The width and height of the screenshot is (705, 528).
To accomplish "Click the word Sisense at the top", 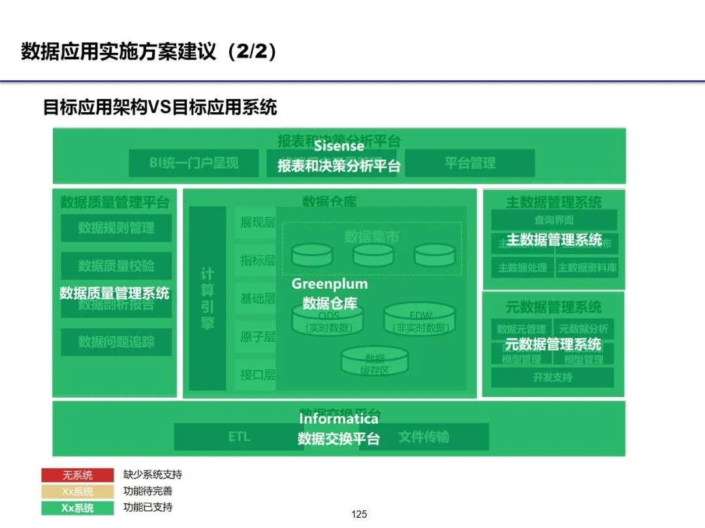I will [x=339, y=146].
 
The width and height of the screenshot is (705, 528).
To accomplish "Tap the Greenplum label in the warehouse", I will [x=330, y=284].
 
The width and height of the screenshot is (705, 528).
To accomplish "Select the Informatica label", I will [x=339, y=419].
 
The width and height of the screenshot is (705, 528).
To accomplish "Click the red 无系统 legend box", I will [x=78, y=475].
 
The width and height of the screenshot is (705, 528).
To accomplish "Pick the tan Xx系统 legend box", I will [x=78, y=491].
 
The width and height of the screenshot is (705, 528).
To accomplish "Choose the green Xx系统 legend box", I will [x=78, y=508].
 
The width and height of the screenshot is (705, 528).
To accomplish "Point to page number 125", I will [x=360, y=514].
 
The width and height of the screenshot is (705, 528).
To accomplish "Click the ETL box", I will [x=239, y=437].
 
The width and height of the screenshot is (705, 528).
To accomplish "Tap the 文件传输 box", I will [x=424, y=437].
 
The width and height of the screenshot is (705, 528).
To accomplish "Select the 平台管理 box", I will [x=470, y=163].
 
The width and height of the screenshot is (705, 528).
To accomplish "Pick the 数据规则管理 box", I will [x=116, y=228].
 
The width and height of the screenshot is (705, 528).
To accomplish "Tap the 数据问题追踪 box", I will [x=116, y=342].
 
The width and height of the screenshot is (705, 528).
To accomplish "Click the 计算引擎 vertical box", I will [x=208, y=299].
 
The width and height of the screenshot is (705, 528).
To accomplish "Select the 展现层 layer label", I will [x=257, y=223].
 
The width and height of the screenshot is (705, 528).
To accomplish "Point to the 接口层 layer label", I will [x=257, y=375].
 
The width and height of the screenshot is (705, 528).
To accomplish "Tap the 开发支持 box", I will [x=552, y=377].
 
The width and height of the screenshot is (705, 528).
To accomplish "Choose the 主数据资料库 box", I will [x=587, y=267].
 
